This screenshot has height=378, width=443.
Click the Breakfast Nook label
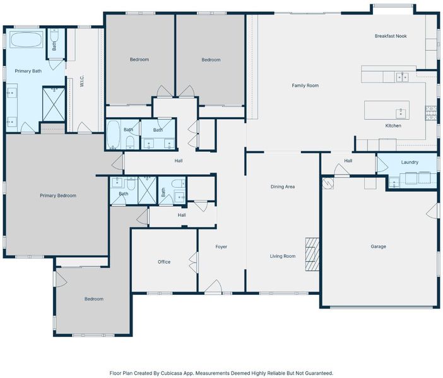coord(391,36)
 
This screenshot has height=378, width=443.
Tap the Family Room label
coord(305,86)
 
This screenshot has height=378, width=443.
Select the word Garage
coord(378,246)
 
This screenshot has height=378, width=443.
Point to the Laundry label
coord(410,162)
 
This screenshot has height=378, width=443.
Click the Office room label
coord(164,262)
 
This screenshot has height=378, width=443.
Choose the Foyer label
coord(222,247)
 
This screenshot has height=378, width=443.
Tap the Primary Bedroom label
coord(58,195)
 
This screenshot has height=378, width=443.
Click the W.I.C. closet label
coord(82,81)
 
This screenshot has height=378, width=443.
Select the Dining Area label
coord(283,186)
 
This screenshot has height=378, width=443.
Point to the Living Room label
coord(283,256)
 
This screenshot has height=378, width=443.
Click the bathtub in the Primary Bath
coord(27,40)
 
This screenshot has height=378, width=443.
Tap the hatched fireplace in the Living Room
coord(312,255)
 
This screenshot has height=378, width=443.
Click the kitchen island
coord(386,110)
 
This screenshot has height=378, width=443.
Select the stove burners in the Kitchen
coord(431,113)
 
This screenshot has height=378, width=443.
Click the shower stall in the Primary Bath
coord(54,105)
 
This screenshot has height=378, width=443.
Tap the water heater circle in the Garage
coord(328,183)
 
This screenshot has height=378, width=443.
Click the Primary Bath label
coord(28,71)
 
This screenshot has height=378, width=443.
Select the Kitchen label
coord(393,126)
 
